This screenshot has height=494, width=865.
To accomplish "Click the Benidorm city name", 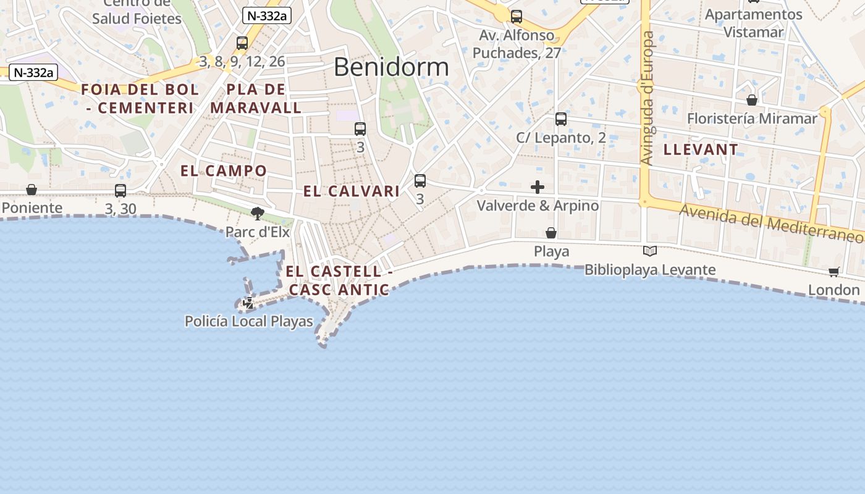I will tap(391, 67).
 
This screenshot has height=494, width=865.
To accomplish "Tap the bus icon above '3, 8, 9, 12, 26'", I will tap(242, 43).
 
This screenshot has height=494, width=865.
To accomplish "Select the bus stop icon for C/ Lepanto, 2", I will tap(561, 119).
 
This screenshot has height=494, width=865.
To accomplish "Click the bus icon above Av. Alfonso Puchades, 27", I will tap(517, 17).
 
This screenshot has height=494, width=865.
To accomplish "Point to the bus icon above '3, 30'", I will tap(120, 191).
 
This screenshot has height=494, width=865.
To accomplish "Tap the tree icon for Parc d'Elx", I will tap(258, 214).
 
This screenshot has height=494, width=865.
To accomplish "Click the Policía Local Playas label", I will tap(249, 321).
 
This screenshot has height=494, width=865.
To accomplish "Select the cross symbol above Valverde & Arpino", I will tap(538, 186).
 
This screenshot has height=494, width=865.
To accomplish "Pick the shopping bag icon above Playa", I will tap(551, 233).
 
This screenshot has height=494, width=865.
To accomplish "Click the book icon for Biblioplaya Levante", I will tap(649, 251).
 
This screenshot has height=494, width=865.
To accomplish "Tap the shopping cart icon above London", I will tap(834, 272).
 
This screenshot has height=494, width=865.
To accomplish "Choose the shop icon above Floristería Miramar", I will tap(752, 99).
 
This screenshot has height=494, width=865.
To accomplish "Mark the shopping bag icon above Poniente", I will tap(32, 189).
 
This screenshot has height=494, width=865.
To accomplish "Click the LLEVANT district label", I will tap(701, 149).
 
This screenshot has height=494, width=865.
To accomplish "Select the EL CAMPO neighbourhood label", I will tap(224, 171).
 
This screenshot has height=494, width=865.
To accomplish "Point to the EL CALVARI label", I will tap(352, 191).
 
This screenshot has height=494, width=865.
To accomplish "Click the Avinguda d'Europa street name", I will tap(647, 99).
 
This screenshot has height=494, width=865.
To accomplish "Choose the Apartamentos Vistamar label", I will tap(754, 23).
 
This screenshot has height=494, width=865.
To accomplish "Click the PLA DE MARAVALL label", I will tap(256, 99).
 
